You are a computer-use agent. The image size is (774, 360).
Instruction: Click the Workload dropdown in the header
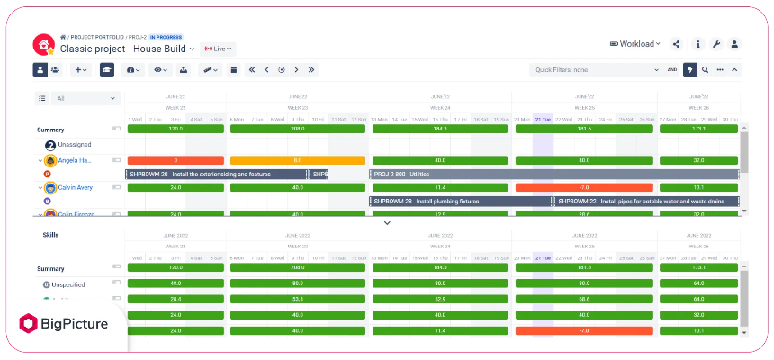coord(635,43)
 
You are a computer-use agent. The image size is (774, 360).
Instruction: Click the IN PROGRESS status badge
coord(167,36)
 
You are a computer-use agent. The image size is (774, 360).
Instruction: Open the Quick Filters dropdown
coord(594,69)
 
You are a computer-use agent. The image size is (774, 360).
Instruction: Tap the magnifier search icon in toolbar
coord(705,69)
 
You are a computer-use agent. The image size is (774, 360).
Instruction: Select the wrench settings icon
coord(716,44)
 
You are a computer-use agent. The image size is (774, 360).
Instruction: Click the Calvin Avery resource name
coord(76,188)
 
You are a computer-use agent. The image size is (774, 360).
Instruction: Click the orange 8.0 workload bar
coord(298,160)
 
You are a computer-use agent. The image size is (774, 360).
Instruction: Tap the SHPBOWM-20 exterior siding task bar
coord(216,174)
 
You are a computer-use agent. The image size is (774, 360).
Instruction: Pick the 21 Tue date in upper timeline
coord(543,119)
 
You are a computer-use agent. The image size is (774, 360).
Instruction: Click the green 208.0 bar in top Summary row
coord(298,130)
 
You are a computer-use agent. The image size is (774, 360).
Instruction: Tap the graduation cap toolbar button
coord(107,69)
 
